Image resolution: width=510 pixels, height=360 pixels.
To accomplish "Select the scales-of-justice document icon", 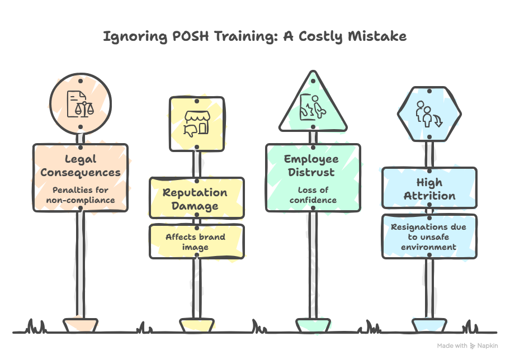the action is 81,104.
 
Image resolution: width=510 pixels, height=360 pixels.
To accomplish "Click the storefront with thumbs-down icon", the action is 197,124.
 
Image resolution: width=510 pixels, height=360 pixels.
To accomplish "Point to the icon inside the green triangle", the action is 313,107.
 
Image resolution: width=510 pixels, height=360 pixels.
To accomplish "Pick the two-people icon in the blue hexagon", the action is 429,114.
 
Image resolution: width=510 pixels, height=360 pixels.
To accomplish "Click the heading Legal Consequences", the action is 81,166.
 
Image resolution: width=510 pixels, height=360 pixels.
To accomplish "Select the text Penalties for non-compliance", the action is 81,195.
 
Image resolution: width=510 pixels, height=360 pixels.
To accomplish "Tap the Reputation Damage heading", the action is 195,199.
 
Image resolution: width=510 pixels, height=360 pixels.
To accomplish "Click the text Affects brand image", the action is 195,241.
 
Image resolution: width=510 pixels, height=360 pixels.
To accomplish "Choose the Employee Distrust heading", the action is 311,165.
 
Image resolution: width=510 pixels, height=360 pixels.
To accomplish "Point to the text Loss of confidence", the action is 313,195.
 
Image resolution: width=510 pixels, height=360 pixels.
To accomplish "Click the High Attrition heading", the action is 429,189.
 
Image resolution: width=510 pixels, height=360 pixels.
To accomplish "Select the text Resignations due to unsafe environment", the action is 429,237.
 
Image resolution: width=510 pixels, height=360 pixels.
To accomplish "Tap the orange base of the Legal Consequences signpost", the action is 81,325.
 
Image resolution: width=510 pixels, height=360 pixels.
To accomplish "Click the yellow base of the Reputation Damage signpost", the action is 197,325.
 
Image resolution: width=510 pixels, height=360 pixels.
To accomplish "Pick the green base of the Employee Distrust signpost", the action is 313,325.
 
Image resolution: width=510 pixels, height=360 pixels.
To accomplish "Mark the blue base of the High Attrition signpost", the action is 429,325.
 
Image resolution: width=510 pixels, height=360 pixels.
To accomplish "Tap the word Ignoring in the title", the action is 135,37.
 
